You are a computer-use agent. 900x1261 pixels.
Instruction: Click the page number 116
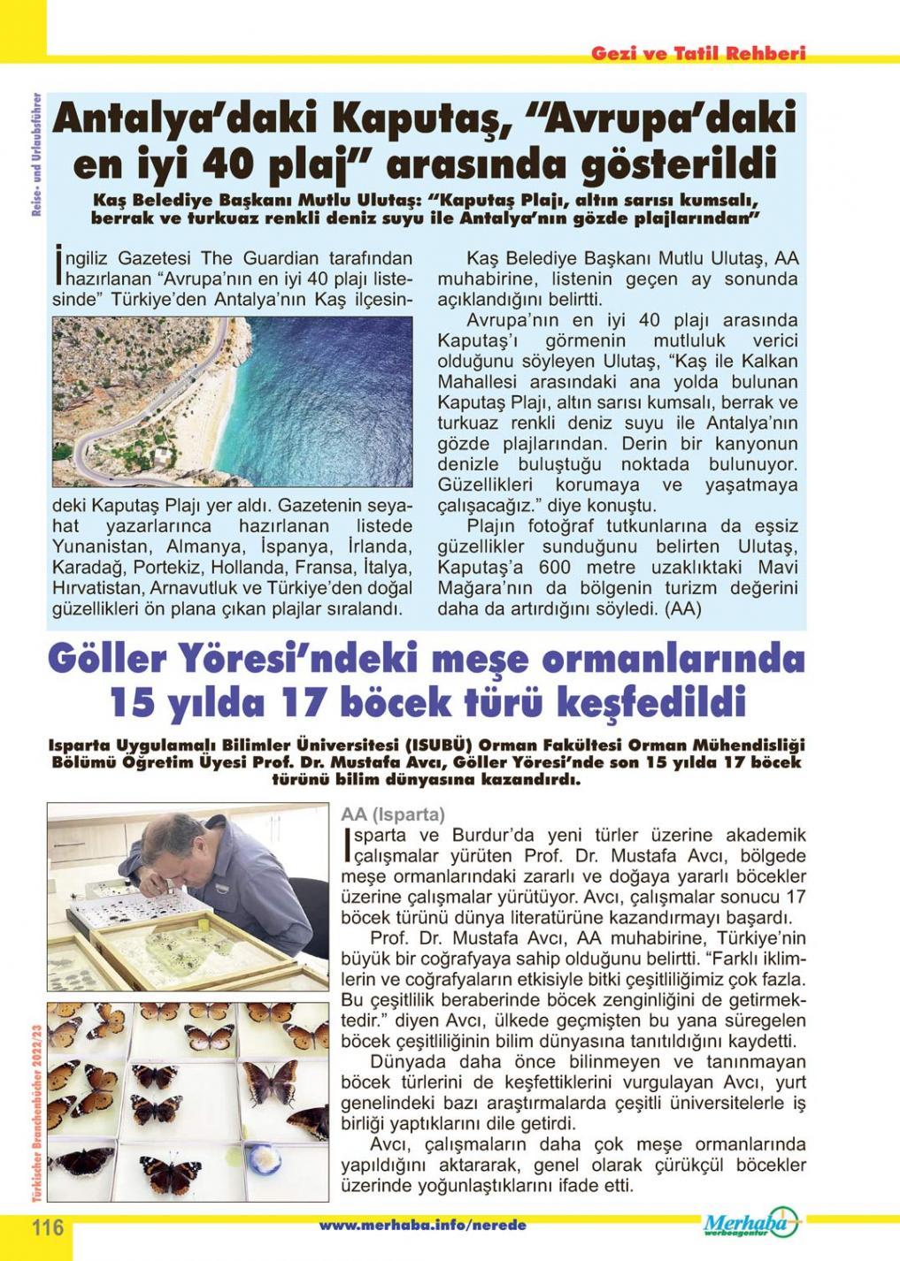[x=49, y=1228]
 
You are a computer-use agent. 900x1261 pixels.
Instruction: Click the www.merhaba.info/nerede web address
[x=422, y=1226]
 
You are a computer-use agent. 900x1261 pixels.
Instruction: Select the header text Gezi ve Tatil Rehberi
[x=698, y=54]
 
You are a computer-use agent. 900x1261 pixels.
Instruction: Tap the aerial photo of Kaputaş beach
[x=233, y=401]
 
